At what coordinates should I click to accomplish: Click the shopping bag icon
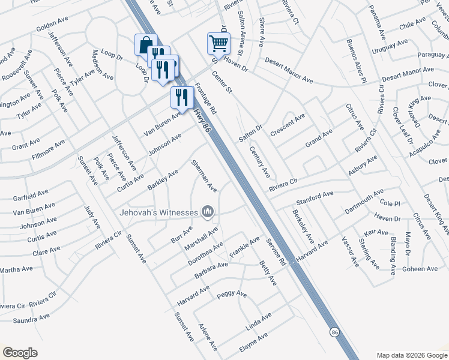click(x=146, y=44)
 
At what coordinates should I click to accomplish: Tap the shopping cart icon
click(x=218, y=43)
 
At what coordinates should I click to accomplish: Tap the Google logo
click(x=20, y=353)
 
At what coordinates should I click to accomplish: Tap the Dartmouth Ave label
click(x=364, y=202)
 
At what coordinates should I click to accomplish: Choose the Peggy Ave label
click(x=232, y=295)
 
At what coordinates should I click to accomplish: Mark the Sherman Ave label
click(x=203, y=175)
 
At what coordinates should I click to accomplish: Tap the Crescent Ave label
click(x=288, y=124)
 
